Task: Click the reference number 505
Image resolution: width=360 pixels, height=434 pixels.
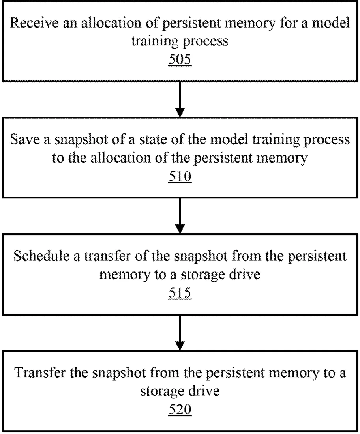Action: [180, 59]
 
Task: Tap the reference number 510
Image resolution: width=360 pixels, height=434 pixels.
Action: [180, 176]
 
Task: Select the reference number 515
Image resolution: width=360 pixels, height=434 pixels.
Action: [180, 293]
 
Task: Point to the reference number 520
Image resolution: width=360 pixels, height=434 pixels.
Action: [180, 410]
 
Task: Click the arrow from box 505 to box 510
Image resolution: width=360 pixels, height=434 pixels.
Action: [180, 99]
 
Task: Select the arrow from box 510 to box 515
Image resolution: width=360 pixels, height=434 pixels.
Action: [180, 216]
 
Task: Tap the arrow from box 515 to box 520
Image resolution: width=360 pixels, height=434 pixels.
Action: [180, 333]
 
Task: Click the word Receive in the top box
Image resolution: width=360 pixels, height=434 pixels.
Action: [34, 23]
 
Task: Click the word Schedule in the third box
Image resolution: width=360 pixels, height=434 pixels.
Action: [41, 256]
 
